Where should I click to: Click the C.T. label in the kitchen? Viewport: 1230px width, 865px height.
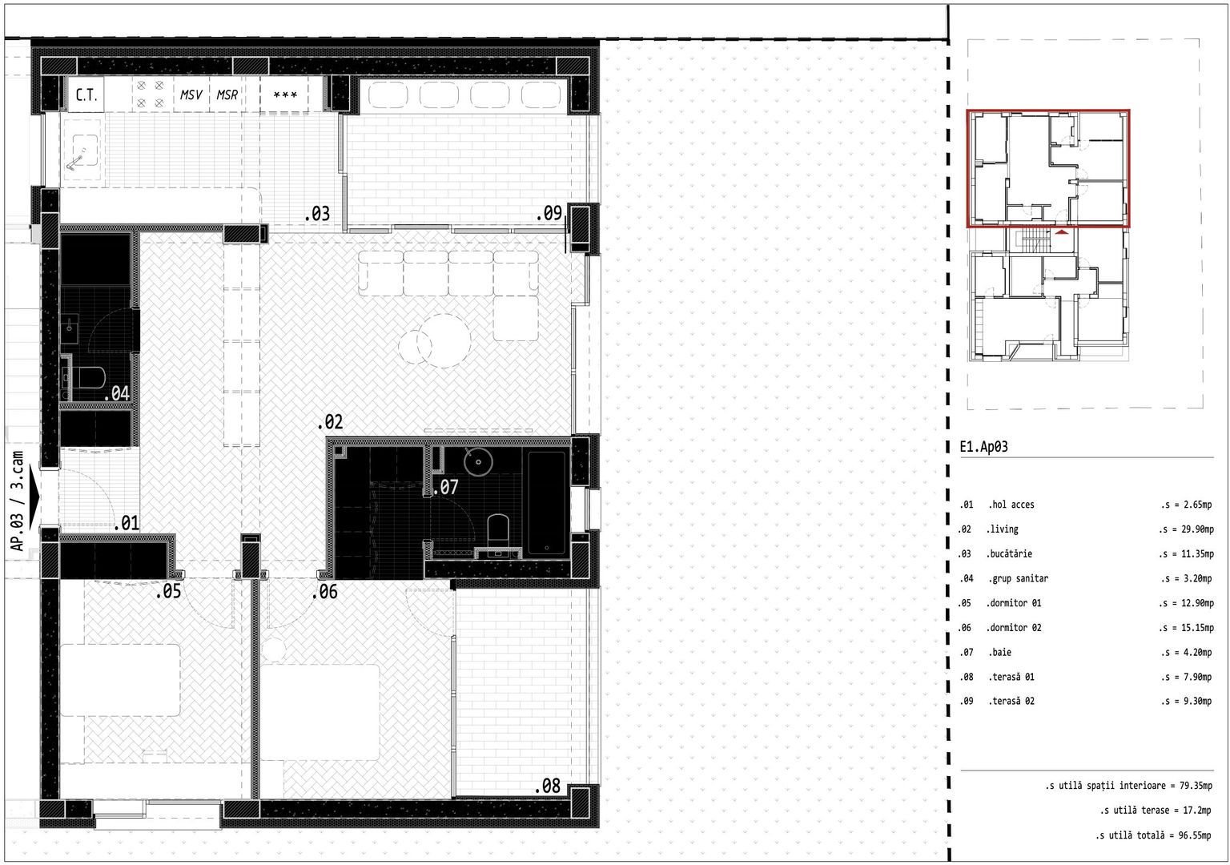[86, 95]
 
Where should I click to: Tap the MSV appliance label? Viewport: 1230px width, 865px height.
[191, 95]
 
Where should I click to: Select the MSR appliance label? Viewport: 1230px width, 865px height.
[227, 95]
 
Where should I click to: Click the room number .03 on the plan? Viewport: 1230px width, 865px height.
[317, 214]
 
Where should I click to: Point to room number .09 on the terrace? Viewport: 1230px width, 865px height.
[549, 213]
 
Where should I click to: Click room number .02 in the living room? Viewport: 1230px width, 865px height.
[330, 422]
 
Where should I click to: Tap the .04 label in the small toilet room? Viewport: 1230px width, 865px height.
[117, 393]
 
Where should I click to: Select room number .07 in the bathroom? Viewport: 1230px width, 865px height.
[446, 487]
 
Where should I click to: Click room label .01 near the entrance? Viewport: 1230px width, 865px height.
[127, 524]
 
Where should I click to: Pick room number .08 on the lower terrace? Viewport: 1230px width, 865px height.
[549, 787]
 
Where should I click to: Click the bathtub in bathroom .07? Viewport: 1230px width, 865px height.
[547, 503]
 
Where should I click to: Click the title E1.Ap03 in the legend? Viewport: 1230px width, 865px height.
[983, 447]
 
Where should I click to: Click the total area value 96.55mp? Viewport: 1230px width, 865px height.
[1194, 835]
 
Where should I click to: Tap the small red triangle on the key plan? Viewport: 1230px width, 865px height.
[1061, 231]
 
